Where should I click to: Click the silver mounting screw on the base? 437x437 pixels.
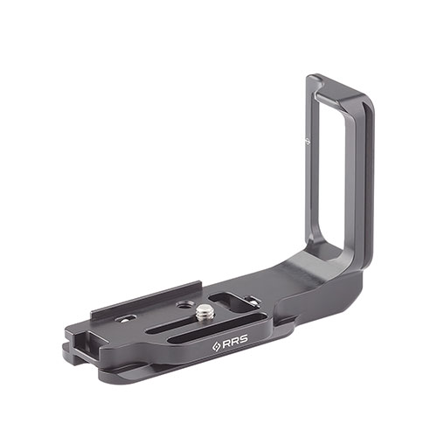tap(203, 313)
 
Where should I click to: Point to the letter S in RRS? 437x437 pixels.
tap(243, 339)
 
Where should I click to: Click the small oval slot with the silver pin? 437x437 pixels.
tap(125, 319)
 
